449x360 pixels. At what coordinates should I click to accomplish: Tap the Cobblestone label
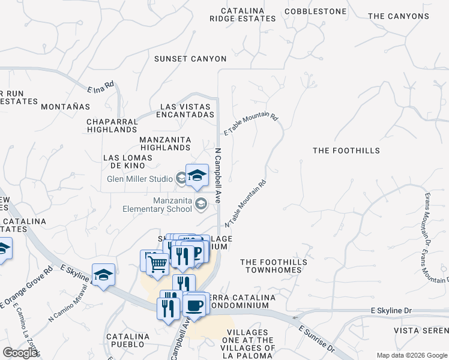[x=316, y=11]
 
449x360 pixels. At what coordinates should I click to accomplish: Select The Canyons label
[x=399, y=16]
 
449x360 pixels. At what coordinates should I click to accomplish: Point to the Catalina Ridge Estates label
[x=243, y=15]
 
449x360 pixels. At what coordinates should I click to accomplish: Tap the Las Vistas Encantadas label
[x=187, y=110]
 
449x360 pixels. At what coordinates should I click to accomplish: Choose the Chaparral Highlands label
[x=112, y=125]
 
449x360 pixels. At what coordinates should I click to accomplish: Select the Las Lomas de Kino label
[x=128, y=158]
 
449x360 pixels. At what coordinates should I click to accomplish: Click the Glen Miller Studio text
[x=140, y=178]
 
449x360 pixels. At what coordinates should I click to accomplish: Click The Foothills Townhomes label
[x=274, y=266]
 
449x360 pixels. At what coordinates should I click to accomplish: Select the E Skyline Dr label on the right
[x=392, y=310]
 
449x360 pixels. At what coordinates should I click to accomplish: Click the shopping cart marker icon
[x=157, y=263]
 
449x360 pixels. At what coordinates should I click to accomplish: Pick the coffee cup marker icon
[x=194, y=304]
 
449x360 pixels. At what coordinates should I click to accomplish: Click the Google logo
[x=20, y=352]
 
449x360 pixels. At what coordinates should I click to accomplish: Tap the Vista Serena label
[x=421, y=331]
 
